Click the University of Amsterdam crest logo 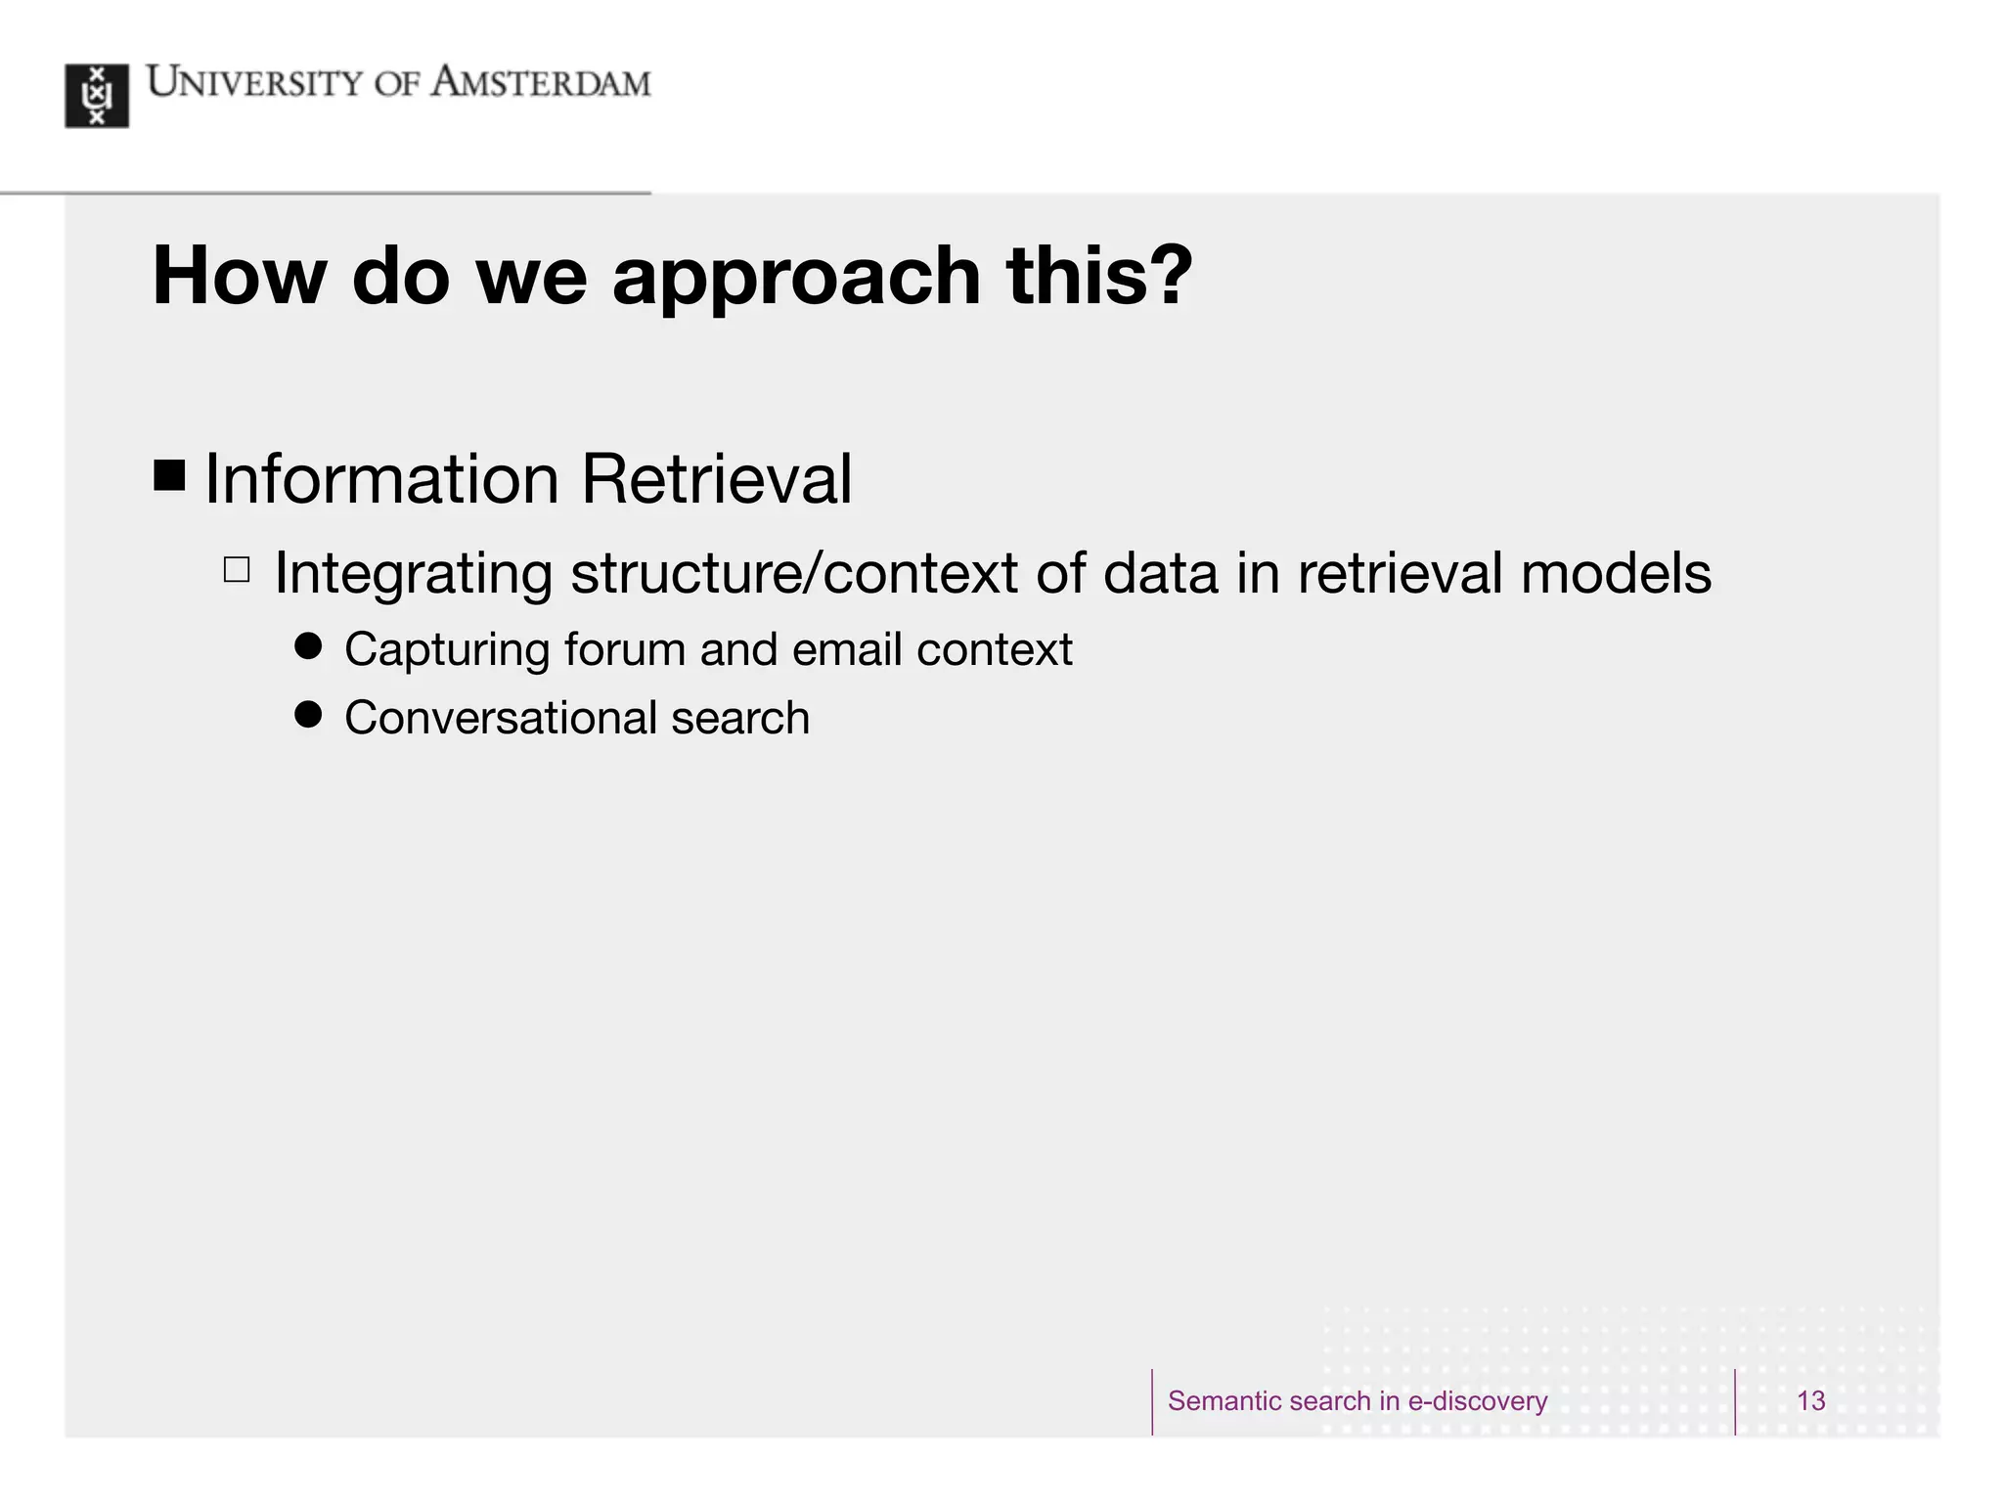pyautogui.click(x=97, y=96)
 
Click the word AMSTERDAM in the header pyautogui.click(x=541, y=84)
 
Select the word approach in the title pyautogui.click(x=796, y=277)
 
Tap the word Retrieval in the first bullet pyautogui.click(x=716, y=479)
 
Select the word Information pyautogui.click(x=382, y=479)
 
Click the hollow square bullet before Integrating pyautogui.click(x=237, y=569)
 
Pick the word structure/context pyautogui.click(x=794, y=573)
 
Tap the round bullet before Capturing pyautogui.click(x=308, y=645)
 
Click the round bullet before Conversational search pyautogui.click(x=308, y=714)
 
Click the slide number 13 pyautogui.click(x=1810, y=1401)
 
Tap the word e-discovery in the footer pyautogui.click(x=1477, y=1401)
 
